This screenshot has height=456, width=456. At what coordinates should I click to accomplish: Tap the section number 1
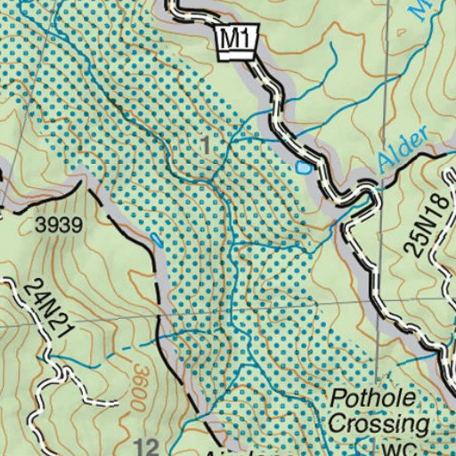coord(207,144)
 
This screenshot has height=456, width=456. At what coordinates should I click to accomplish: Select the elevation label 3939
coord(60,226)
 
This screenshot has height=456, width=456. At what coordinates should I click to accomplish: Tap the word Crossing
coord(379,423)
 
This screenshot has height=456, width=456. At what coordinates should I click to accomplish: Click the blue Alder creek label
coord(402,149)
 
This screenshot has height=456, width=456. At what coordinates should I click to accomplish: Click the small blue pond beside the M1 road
coord(304,167)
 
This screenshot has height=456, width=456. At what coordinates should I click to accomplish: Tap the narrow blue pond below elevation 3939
coord(158,240)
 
